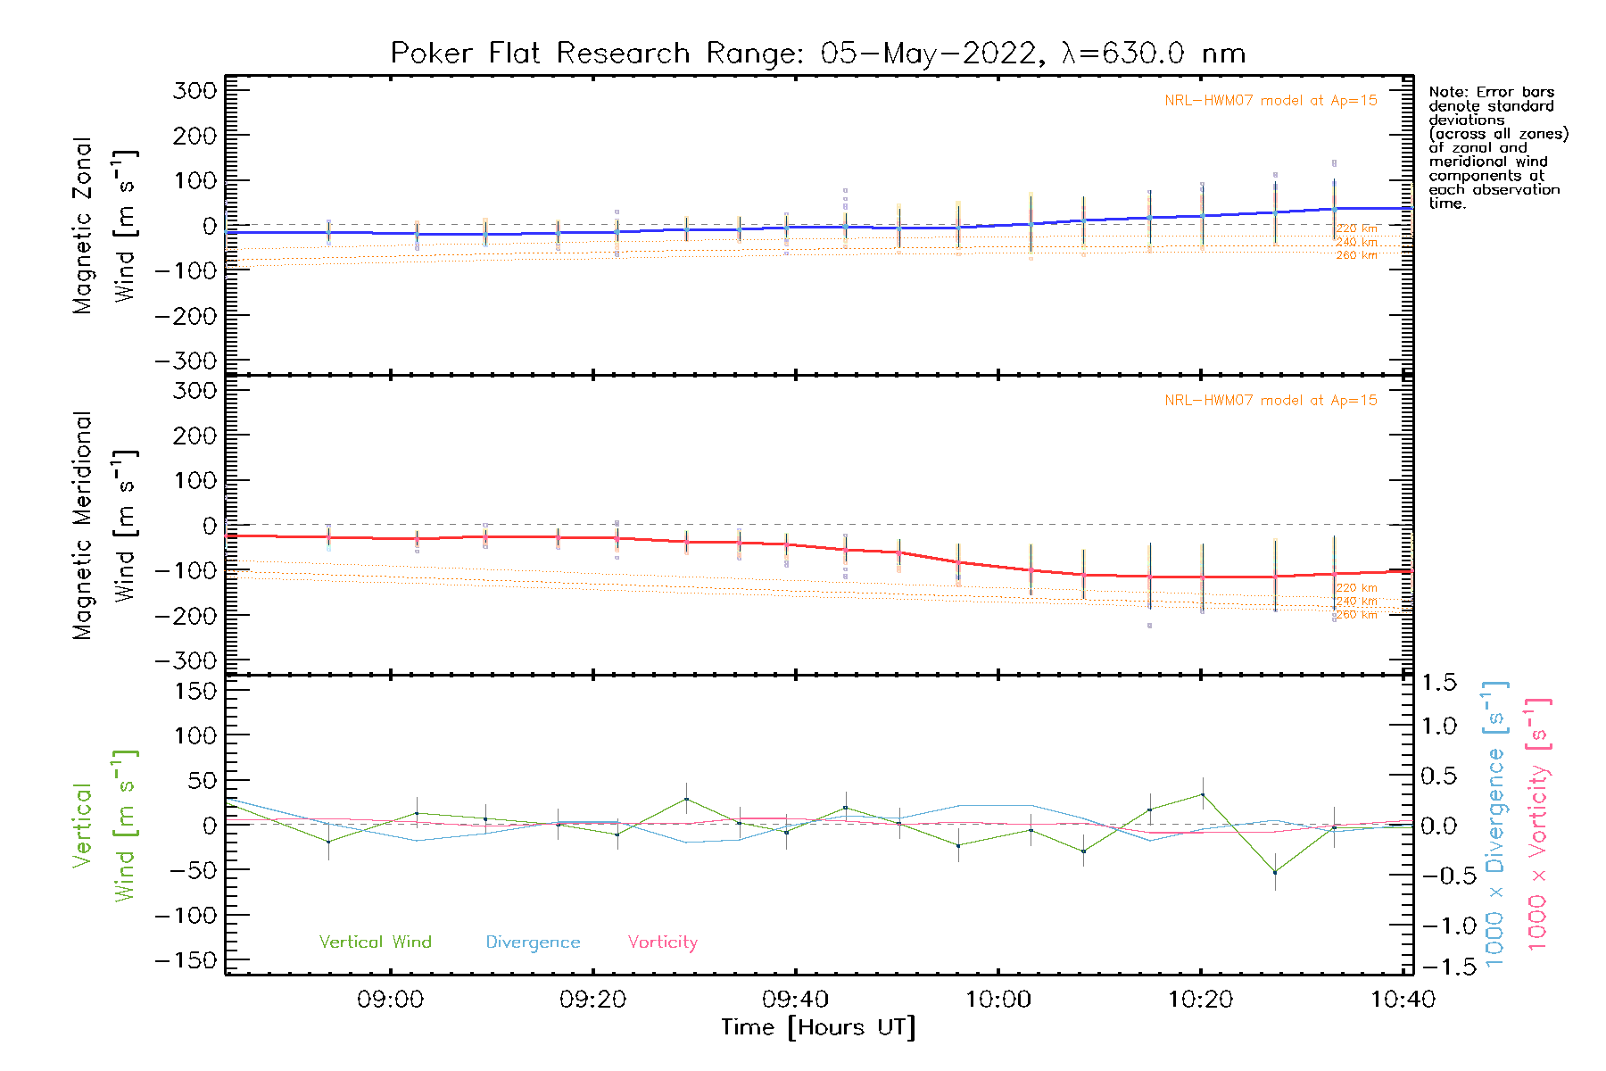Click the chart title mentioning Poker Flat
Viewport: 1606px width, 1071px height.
coord(817,54)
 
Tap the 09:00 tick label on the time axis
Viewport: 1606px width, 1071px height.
coord(390,1000)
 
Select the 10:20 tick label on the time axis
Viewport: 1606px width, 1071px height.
coord(1200,1000)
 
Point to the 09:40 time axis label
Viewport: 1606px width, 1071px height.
coord(795,1000)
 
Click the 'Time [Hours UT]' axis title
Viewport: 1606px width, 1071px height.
coord(818,1027)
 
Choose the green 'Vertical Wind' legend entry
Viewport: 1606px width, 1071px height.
coord(375,942)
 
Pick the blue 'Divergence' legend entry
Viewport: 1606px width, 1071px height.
coord(533,942)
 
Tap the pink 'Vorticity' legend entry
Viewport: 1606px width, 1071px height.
coord(662,942)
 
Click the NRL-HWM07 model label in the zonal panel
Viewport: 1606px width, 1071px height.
coord(1271,101)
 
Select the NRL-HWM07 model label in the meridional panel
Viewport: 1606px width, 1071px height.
coord(1271,401)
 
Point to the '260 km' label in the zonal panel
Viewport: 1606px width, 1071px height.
coord(1356,255)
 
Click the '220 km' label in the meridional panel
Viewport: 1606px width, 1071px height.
coord(1356,588)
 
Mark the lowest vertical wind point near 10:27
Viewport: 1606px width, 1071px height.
coord(1275,872)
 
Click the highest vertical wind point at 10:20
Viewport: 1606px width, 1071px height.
coord(1202,794)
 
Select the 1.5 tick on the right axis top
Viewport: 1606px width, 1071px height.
coord(1438,683)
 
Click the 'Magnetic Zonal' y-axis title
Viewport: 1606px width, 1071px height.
coord(83,226)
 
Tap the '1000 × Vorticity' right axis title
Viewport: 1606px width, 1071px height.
coord(1537,824)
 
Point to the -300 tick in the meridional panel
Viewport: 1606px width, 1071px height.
coord(186,660)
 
